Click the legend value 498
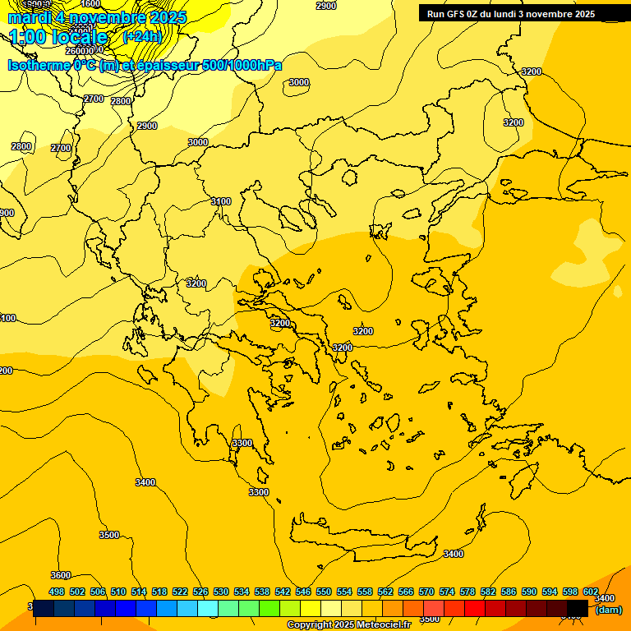click(x=57, y=592)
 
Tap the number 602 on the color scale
click(x=591, y=592)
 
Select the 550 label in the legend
click(x=324, y=592)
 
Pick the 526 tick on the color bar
click(x=200, y=592)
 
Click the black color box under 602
click(x=578, y=608)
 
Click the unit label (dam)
click(x=608, y=610)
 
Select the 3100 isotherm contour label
click(x=221, y=201)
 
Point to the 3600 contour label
click(x=61, y=575)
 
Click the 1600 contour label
click(x=91, y=4)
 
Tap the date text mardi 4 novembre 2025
click(x=98, y=17)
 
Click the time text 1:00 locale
click(x=59, y=37)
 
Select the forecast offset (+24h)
click(x=142, y=37)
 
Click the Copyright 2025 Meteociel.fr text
click(x=348, y=625)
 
